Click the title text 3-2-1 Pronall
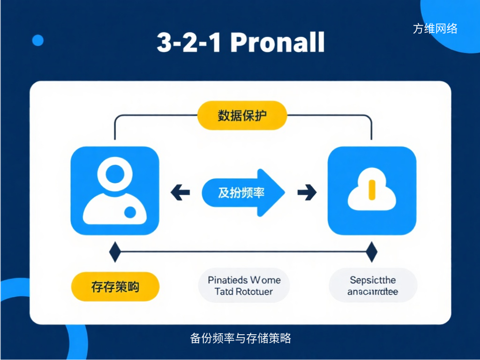click(x=240, y=43)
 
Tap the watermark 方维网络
click(x=435, y=29)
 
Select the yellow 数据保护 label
click(x=242, y=115)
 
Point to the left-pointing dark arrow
click(x=180, y=192)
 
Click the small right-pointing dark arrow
click(x=307, y=192)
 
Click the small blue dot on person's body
click(x=129, y=213)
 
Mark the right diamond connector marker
click(x=371, y=252)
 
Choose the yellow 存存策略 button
click(x=115, y=286)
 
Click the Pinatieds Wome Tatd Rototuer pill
click(x=244, y=285)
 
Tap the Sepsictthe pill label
click(x=373, y=285)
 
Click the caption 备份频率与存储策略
click(x=240, y=338)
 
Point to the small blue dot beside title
click(x=37, y=40)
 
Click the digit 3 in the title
click(x=165, y=43)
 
